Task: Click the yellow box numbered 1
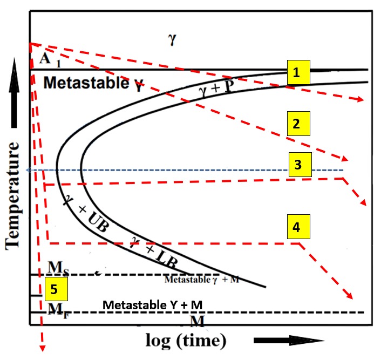[297, 72]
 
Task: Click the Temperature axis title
[13, 195]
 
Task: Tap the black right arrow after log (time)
[288, 341]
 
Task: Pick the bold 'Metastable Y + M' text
[152, 305]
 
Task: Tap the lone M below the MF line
[197, 321]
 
